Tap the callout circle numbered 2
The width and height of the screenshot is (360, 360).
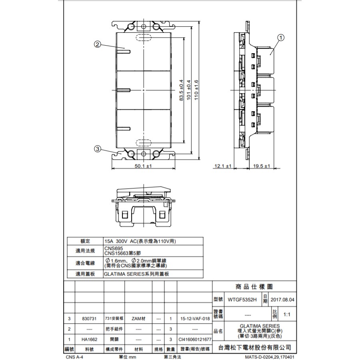click(97, 44)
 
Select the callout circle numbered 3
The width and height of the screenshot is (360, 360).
click(97, 149)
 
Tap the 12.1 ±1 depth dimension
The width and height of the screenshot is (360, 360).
click(223, 166)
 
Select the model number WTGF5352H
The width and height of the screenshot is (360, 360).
click(241, 299)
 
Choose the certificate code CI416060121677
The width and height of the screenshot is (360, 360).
click(195, 339)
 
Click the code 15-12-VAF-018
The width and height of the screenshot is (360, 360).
click(195, 319)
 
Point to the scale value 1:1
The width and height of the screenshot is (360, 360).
click(286, 314)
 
